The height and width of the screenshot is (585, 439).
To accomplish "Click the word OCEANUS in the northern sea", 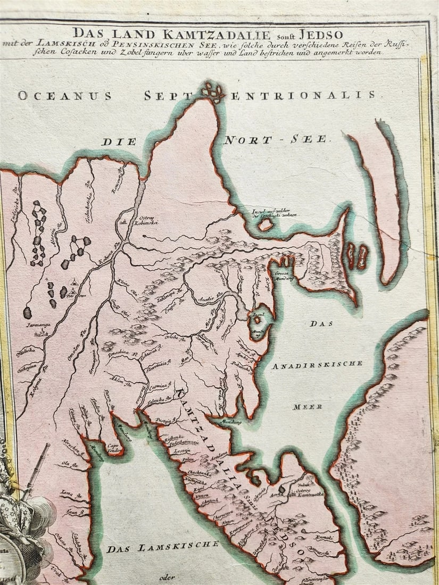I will coord(64,96).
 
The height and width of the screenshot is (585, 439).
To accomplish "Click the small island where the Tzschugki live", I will coord(265,225).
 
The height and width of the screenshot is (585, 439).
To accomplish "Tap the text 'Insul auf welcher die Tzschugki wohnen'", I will coord(274,213).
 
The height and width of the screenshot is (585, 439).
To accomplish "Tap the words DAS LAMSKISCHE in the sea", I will coord(162,546).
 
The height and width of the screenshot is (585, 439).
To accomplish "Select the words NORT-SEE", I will coord(277,140).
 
